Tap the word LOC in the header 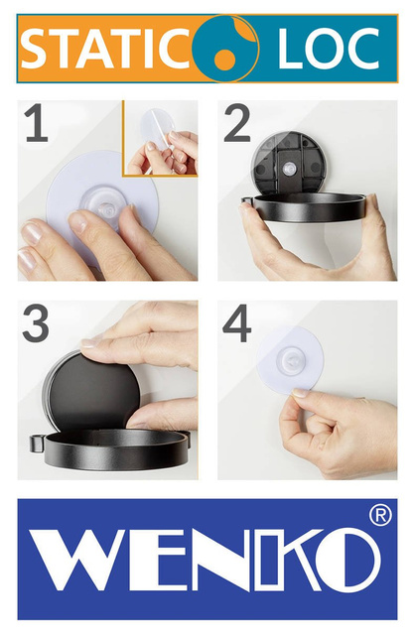click(x=329, y=49)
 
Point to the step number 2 click(x=237, y=124)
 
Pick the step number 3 click(x=37, y=324)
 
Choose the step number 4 click(x=237, y=324)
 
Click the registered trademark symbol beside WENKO click(x=379, y=516)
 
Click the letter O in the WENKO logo click(x=348, y=560)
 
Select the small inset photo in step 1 click(x=160, y=138)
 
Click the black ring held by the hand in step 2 click(x=308, y=208)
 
